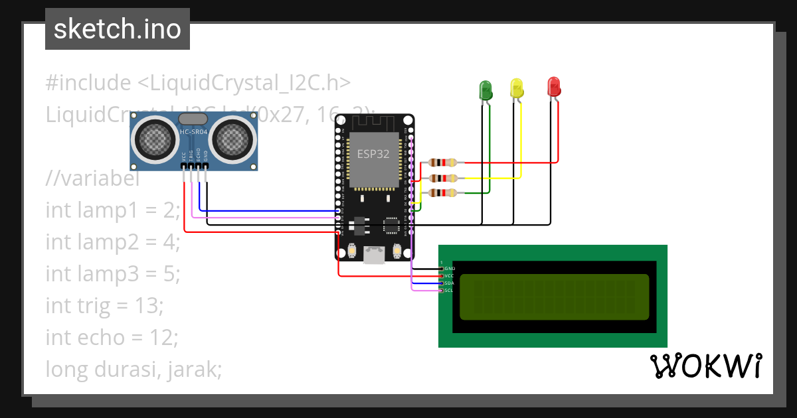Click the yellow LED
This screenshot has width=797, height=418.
pyautogui.click(x=517, y=88)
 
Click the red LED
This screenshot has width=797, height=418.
pyautogui.click(x=553, y=86)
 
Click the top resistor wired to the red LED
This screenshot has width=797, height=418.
pyautogui.click(x=442, y=163)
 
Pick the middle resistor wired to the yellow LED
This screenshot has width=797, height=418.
pyautogui.click(x=442, y=178)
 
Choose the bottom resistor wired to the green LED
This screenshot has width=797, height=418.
pyautogui.click(x=442, y=193)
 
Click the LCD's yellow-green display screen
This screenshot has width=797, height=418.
pyautogui.click(x=554, y=296)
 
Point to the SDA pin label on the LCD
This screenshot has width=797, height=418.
pyautogui.click(x=448, y=283)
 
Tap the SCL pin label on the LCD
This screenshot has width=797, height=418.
pyautogui.click(x=448, y=291)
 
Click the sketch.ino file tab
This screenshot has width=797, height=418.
pyautogui.click(x=118, y=29)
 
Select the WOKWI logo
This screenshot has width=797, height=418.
pyautogui.click(x=705, y=366)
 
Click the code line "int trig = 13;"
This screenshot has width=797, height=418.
pyautogui.click(x=104, y=305)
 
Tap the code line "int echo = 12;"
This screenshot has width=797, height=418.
pyautogui.click(x=112, y=337)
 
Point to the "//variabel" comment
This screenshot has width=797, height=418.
pyautogui.click(x=92, y=178)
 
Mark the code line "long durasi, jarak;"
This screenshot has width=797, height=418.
pyautogui.click(x=133, y=369)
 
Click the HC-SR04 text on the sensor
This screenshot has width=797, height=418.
pyautogui.click(x=194, y=132)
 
